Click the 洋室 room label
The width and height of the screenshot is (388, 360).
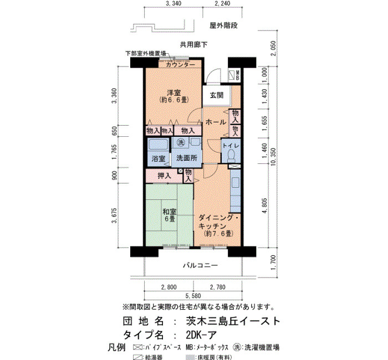pyautogui.click(x=173, y=93)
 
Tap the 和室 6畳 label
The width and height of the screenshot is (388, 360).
pyautogui.click(x=169, y=215)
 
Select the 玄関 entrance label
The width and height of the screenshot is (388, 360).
pyautogui.click(x=217, y=95)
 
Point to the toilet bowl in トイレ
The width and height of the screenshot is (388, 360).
pyautogui.click(x=232, y=155)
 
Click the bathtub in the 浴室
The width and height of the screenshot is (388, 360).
pyautogui.click(x=159, y=145)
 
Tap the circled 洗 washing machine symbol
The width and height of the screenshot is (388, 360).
pyautogui.click(x=181, y=142)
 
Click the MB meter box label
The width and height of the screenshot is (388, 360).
pyautogui.click(x=237, y=75)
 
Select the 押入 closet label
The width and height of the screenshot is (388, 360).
pyautogui.click(x=164, y=176)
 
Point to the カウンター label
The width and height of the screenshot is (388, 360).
pyautogui.click(x=180, y=65)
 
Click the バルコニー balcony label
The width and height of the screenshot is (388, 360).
pyautogui.click(x=201, y=265)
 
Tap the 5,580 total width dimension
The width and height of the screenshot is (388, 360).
pyautogui.click(x=193, y=296)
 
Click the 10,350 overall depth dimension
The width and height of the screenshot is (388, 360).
pyautogui.click(x=273, y=157)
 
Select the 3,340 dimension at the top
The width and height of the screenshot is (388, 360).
pyautogui.click(x=173, y=3)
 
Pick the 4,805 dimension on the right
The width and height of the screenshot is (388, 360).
pyautogui.click(x=264, y=205)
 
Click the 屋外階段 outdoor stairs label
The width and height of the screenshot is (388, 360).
pyautogui.click(x=223, y=25)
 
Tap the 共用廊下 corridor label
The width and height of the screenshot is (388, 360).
pyautogui.click(x=193, y=45)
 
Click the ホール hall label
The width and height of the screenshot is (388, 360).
pyautogui.click(x=216, y=122)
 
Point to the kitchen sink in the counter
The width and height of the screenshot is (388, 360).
pyautogui.click(x=236, y=183)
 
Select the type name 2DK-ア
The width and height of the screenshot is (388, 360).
pyautogui.click(x=201, y=335)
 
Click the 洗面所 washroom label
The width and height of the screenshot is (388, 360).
pyautogui.click(x=187, y=158)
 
